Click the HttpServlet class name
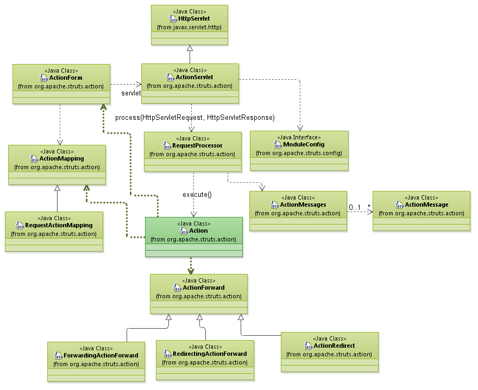coord(194,18)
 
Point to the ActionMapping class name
coord(61,159)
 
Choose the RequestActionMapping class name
coord(59,226)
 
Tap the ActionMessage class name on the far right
coord(426,205)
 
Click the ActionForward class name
coord(204,288)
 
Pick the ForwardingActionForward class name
coord(101,356)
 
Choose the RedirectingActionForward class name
coord(209,354)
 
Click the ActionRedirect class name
coord(334,346)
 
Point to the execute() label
coord(197,194)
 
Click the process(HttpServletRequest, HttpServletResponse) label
coord(194,118)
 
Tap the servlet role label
coord(131,93)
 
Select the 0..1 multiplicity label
coord(355,207)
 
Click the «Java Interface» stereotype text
coord(299,138)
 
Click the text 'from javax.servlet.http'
coord(189,27)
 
